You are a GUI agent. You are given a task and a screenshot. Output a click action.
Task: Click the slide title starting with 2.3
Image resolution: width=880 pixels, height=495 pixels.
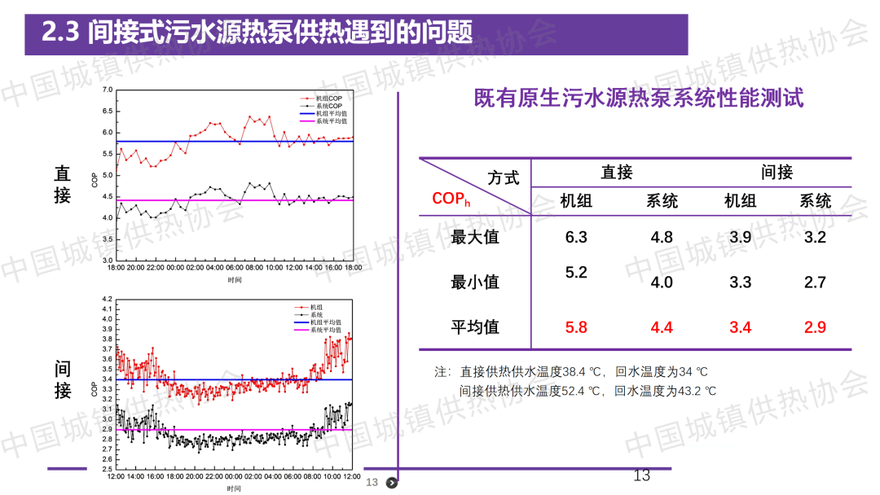pos(257,33)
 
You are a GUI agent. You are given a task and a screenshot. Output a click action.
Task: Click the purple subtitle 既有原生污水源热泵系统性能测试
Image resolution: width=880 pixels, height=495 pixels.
pos(639,99)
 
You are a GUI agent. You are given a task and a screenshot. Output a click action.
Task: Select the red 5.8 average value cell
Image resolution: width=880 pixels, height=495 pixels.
pos(576,327)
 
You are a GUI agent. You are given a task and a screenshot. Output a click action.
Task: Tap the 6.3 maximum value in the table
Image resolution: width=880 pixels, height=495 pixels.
pos(576,237)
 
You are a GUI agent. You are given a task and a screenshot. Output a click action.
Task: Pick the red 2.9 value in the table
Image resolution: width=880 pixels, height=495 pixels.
pos(815,327)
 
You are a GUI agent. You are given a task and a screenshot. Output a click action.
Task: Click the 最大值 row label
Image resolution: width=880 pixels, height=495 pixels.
pos(475,238)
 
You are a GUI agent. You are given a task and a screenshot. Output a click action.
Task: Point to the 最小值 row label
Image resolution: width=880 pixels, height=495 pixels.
pos(475,283)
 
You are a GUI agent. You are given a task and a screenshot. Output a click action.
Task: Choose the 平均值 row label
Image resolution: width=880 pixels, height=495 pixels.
pos(475,327)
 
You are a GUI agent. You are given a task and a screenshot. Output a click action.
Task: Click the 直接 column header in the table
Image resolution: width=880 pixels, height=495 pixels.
pos(617,173)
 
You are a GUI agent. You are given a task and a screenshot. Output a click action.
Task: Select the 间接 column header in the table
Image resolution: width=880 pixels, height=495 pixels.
pos(777,173)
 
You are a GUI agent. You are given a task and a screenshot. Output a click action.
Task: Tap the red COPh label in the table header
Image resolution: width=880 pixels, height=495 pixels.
pos(451,199)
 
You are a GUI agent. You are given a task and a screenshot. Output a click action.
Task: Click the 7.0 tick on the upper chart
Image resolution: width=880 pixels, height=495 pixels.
pos(108,90)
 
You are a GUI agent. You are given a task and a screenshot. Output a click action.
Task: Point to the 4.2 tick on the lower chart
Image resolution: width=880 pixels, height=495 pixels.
pos(106,300)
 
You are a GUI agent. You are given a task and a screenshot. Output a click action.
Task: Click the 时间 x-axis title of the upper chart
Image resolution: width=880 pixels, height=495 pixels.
pos(235,279)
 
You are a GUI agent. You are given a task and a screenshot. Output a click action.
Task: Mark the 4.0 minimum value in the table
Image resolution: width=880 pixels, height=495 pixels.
pos(662,283)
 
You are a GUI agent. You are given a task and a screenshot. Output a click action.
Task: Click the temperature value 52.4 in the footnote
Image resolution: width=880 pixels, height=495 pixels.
pos(575,391)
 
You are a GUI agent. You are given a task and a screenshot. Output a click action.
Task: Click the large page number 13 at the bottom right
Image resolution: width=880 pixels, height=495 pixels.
pos(642,475)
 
